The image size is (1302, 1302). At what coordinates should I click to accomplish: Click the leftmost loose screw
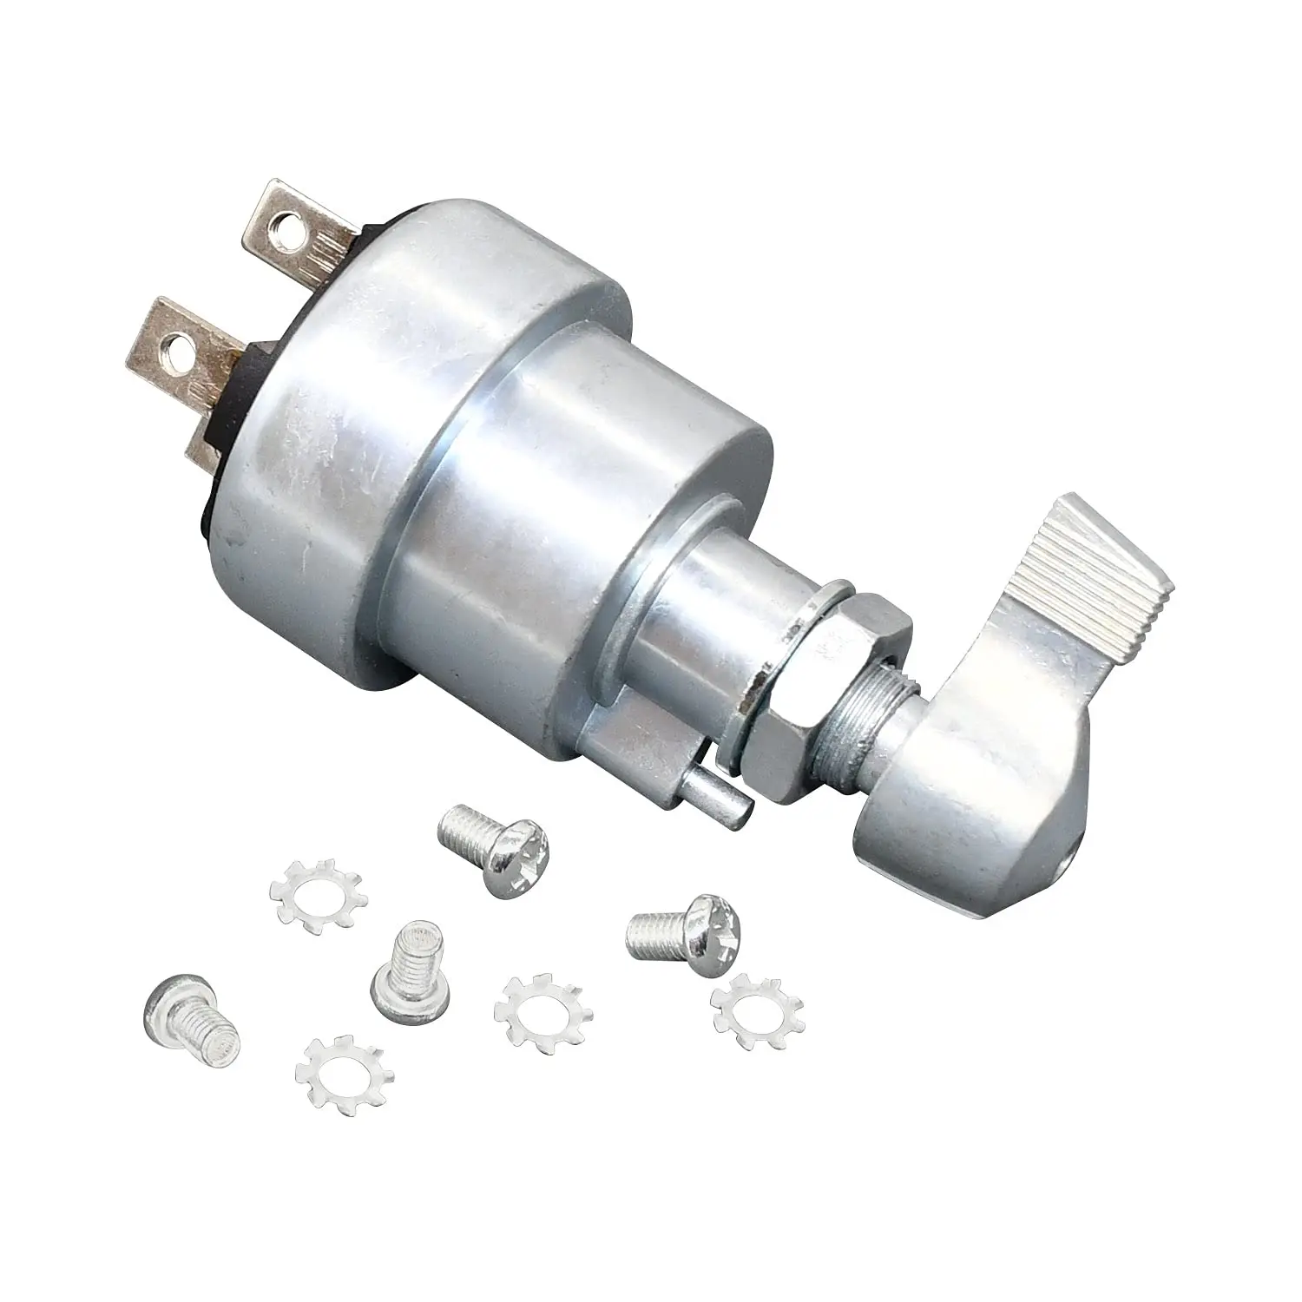tap(191, 1011)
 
